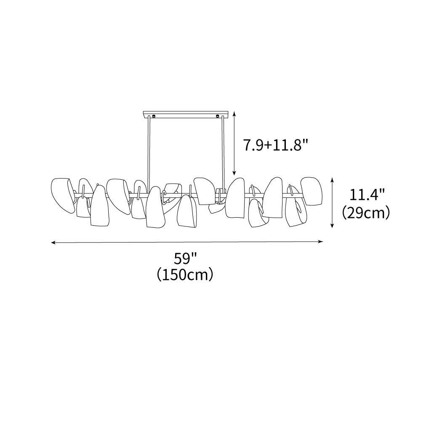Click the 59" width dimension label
[186, 259]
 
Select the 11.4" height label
[368, 195]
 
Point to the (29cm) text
[366, 213]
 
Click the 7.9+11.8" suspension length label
[275, 145]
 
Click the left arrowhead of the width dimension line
[53, 243]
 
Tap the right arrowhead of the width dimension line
[320, 242]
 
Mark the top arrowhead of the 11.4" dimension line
[333, 179]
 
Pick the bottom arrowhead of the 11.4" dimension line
[333, 226]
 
